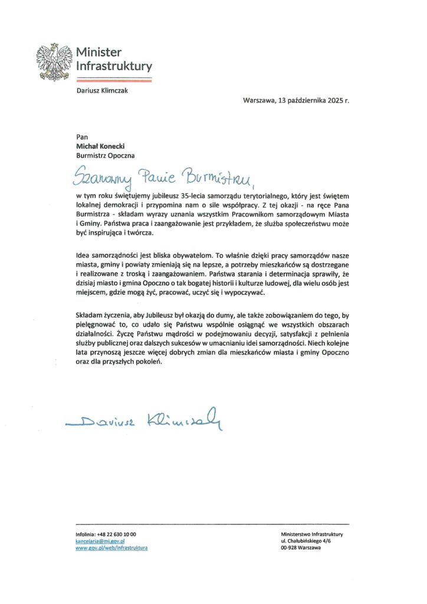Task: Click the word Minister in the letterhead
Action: (98, 52)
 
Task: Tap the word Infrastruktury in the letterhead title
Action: (114, 66)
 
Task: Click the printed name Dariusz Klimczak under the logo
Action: (102, 90)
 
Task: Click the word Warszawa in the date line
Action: (258, 100)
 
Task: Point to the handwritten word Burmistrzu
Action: (216, 175)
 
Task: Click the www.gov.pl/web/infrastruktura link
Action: (111, 548)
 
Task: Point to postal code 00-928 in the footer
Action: (291, 548)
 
